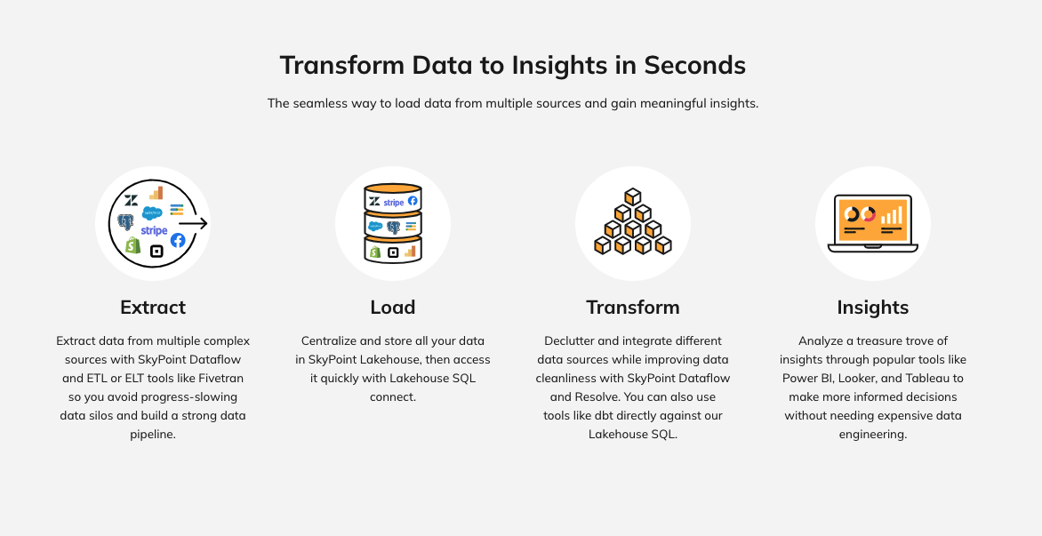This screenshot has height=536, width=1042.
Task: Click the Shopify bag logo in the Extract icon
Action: click(132, 245)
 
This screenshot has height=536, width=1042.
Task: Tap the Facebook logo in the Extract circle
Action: click(178, 240)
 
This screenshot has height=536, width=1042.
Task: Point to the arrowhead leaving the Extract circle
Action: click(203, 224)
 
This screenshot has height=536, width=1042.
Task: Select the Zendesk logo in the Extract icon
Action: click(131, 200)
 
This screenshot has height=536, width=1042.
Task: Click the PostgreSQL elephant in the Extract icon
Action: click(125, 222)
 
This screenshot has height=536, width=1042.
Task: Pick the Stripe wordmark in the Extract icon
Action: click(154, 230)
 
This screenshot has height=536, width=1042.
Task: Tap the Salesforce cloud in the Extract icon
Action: click(152, 213)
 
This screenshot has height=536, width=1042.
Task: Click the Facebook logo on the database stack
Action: click(413, 201)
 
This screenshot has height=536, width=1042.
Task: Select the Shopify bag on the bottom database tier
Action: click(375, 252)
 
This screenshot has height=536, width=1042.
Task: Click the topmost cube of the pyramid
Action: click(633, 196)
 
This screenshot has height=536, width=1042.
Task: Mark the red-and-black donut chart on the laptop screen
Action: click(868, 214)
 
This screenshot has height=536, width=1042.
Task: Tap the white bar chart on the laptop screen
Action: click(892, 215)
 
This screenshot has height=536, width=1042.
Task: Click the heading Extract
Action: click(153, 308)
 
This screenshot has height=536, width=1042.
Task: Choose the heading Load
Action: click(393, 308)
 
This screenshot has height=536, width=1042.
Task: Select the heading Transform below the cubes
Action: click(633, 308)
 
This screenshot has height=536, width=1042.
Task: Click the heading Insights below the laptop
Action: click(872, 308)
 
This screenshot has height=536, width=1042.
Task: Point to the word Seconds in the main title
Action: click(694, 65)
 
